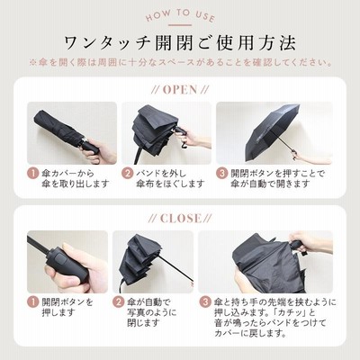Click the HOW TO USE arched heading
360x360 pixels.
click(x=180, y=15)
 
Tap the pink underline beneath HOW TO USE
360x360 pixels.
click(x=180, y=25)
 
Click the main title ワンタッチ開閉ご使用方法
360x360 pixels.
click(x=180, y=43)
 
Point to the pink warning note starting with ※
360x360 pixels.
click(x=180, y=63)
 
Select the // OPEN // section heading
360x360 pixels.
click(x=180, y=90)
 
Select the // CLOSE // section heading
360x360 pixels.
click(x=180, y=219)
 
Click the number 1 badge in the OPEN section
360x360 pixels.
click(x=33, y=174)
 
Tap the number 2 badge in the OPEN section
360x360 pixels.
click(x=128, y=174)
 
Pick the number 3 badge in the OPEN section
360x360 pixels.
click(x=222, y=174)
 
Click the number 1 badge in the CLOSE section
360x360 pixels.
click(x=33, y=301)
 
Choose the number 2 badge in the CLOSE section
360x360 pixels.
click(x=119, y=301)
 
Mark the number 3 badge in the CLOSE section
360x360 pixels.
click(x=205, y=301)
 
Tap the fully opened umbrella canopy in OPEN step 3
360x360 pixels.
click(x=270, y=129)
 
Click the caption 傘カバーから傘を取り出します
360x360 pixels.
click(x=75, y=178)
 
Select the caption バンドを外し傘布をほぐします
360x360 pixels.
click(x=170, y=178)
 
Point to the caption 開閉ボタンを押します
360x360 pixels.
click(x=67, y=307)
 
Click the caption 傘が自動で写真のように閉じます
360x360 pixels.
click(x=152, y=312)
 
